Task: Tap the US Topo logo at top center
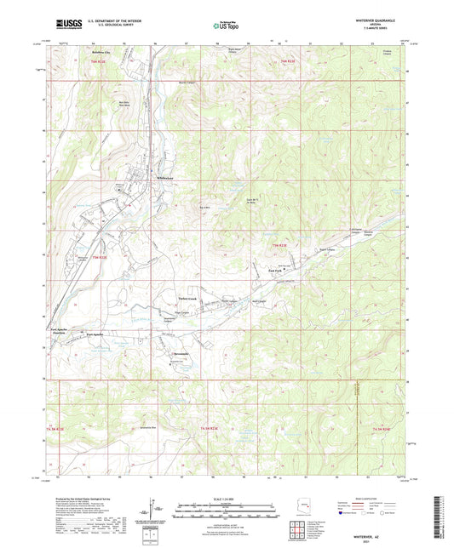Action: [x=227, y=26]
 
